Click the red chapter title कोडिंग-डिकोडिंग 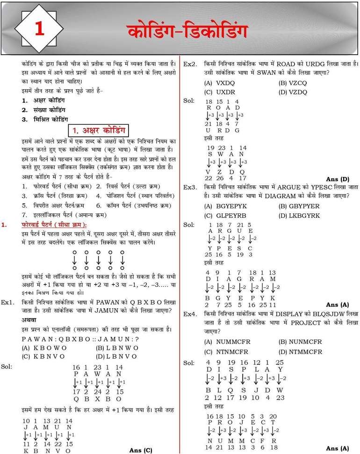187,31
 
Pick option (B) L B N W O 117,348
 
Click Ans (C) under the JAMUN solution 141,450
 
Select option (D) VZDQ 293,92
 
